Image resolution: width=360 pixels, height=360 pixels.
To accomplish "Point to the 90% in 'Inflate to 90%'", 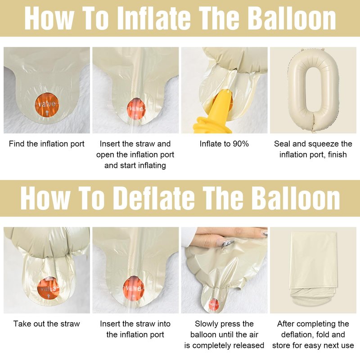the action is pos(241,144).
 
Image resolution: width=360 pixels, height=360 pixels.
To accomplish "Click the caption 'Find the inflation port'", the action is pos(47,144).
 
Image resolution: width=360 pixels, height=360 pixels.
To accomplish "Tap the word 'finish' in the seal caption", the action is pos(337,154).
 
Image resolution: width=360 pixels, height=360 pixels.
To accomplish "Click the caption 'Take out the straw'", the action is pos(47,324).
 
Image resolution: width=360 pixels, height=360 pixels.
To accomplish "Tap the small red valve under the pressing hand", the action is pos(214,304).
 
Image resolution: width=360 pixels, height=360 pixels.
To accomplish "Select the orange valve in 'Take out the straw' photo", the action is pos(48,289).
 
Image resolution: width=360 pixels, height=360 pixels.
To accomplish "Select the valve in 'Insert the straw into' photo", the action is pos(133,288).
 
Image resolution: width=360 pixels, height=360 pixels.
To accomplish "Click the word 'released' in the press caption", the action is pos(249,345).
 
